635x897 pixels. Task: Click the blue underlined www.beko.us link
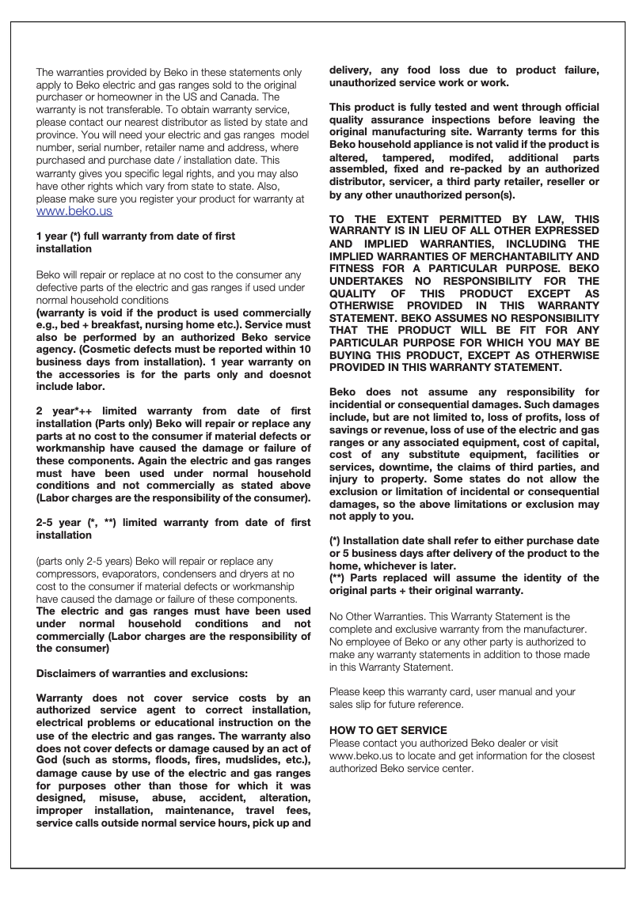pos(74,211)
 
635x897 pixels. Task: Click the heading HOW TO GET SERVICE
pos(388,730)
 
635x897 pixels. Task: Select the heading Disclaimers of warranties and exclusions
pos(143,673)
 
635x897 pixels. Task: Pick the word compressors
pos(66,573)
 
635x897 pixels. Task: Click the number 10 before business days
pos(304,350)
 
